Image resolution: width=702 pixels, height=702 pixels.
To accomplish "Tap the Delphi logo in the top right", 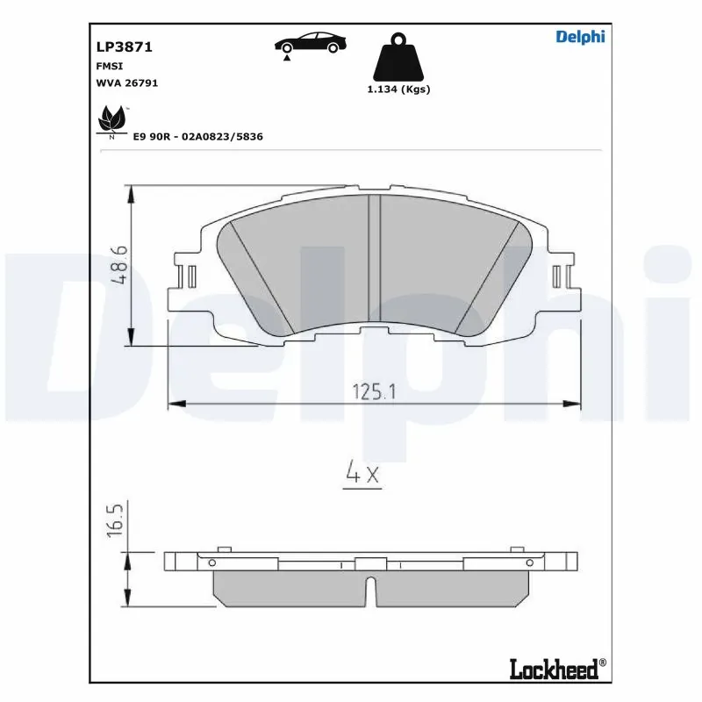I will pos(580,36).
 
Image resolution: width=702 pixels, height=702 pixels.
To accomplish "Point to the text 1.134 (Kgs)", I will pos(398,90).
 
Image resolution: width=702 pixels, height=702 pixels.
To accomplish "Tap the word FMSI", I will pos(109,65).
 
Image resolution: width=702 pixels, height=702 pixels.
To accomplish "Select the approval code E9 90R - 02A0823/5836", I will pos(198,137).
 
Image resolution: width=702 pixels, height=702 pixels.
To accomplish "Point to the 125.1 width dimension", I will pos(375,392).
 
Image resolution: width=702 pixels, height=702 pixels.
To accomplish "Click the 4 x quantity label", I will pos(362,475).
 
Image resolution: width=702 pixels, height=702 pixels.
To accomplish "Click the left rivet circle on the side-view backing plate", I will pos(211,562).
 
